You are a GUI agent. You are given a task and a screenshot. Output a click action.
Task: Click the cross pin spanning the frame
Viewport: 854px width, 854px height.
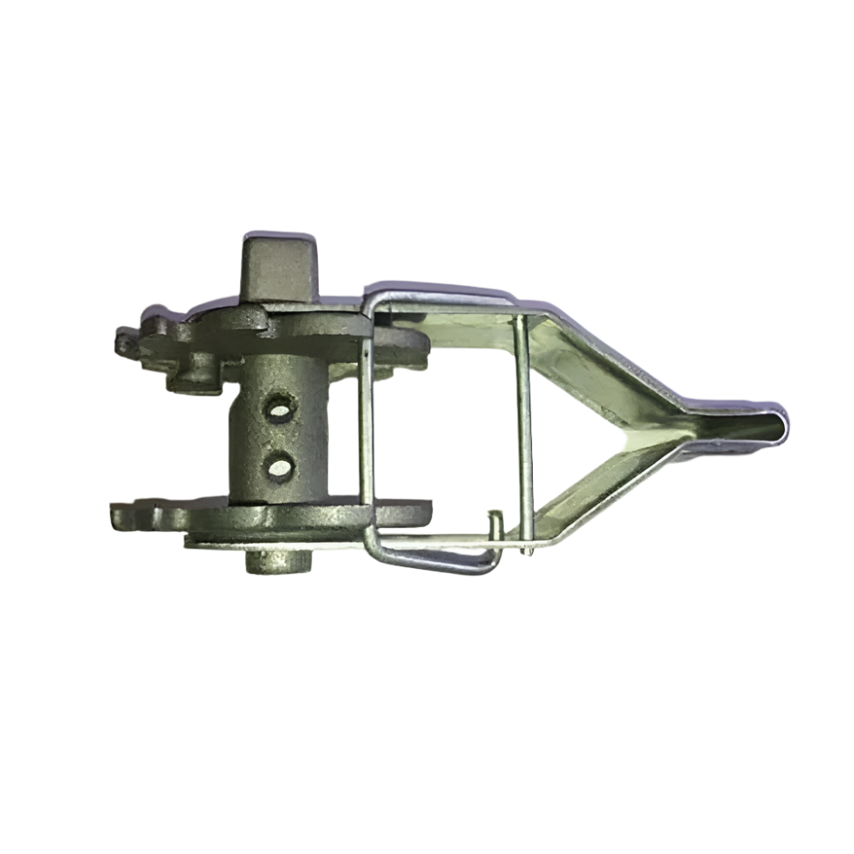click(522, 427)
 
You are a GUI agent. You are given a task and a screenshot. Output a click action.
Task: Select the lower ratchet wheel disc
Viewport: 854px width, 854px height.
click(273, 517)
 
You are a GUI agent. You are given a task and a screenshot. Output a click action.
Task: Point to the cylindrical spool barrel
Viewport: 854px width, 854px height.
click(273, 436)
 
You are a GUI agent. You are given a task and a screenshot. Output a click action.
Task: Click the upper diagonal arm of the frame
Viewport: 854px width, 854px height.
click(615, 359)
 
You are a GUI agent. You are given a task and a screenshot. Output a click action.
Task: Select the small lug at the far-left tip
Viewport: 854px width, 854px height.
click(125, 342)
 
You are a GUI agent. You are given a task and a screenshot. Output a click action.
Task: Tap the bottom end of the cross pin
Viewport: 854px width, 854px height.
click(529, 551)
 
